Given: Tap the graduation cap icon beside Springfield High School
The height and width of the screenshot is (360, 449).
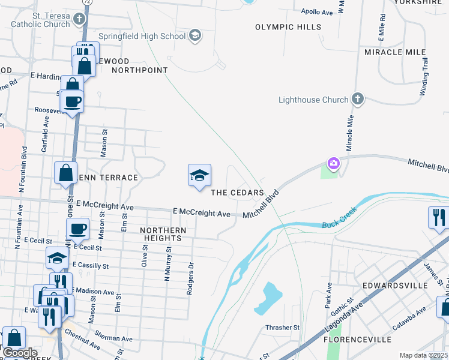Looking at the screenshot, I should [x=194, y=36].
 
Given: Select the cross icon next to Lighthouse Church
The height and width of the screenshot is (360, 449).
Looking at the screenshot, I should [x=358, y=100].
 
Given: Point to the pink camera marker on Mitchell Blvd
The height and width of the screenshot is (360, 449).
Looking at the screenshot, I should [x=333, y=163].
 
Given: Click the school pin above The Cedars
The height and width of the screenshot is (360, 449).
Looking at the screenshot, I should [x=200, y=176].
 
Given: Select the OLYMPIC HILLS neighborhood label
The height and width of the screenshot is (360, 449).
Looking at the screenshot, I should [x=288, y=27].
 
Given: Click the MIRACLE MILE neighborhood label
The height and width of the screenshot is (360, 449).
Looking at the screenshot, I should [x=395, y=52].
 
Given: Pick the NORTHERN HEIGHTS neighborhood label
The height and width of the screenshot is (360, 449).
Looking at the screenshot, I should [x=163, y=234].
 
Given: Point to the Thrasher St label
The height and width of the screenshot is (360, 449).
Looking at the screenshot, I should [x=282, y=328].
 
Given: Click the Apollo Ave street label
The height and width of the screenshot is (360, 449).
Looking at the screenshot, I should [x=317, y=11].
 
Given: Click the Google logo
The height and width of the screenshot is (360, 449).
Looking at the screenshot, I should [x=20, y=353].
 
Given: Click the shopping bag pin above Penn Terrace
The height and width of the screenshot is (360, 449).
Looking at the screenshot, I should [x=65, y=173].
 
